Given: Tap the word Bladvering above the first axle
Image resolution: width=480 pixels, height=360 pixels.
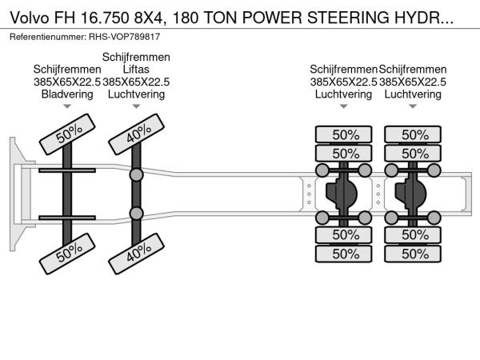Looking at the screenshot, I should [67, 94].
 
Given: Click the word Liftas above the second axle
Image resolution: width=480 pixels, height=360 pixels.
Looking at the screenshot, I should [136, 70].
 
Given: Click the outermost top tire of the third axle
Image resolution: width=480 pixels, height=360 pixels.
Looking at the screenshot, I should [345, 135].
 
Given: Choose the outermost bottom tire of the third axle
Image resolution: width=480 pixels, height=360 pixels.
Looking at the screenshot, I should [345, 254].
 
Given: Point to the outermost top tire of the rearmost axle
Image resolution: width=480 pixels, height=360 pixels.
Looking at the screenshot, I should [414, 135].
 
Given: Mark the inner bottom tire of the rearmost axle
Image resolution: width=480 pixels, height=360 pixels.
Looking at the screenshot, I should [414, 235].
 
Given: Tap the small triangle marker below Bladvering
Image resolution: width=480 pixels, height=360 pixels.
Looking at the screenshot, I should [67, 106].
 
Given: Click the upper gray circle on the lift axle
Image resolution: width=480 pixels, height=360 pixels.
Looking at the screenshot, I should [137, 174].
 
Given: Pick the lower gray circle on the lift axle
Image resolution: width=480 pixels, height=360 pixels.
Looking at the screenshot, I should [137, 213].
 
